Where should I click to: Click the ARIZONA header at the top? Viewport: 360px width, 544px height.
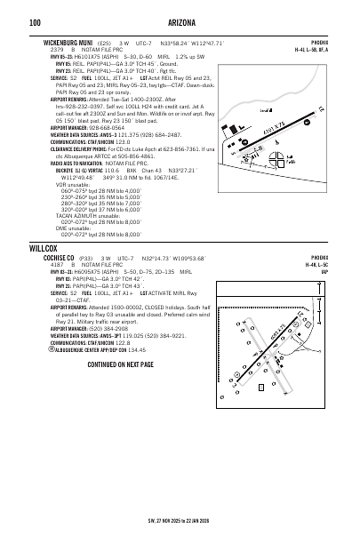[180, 22]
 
